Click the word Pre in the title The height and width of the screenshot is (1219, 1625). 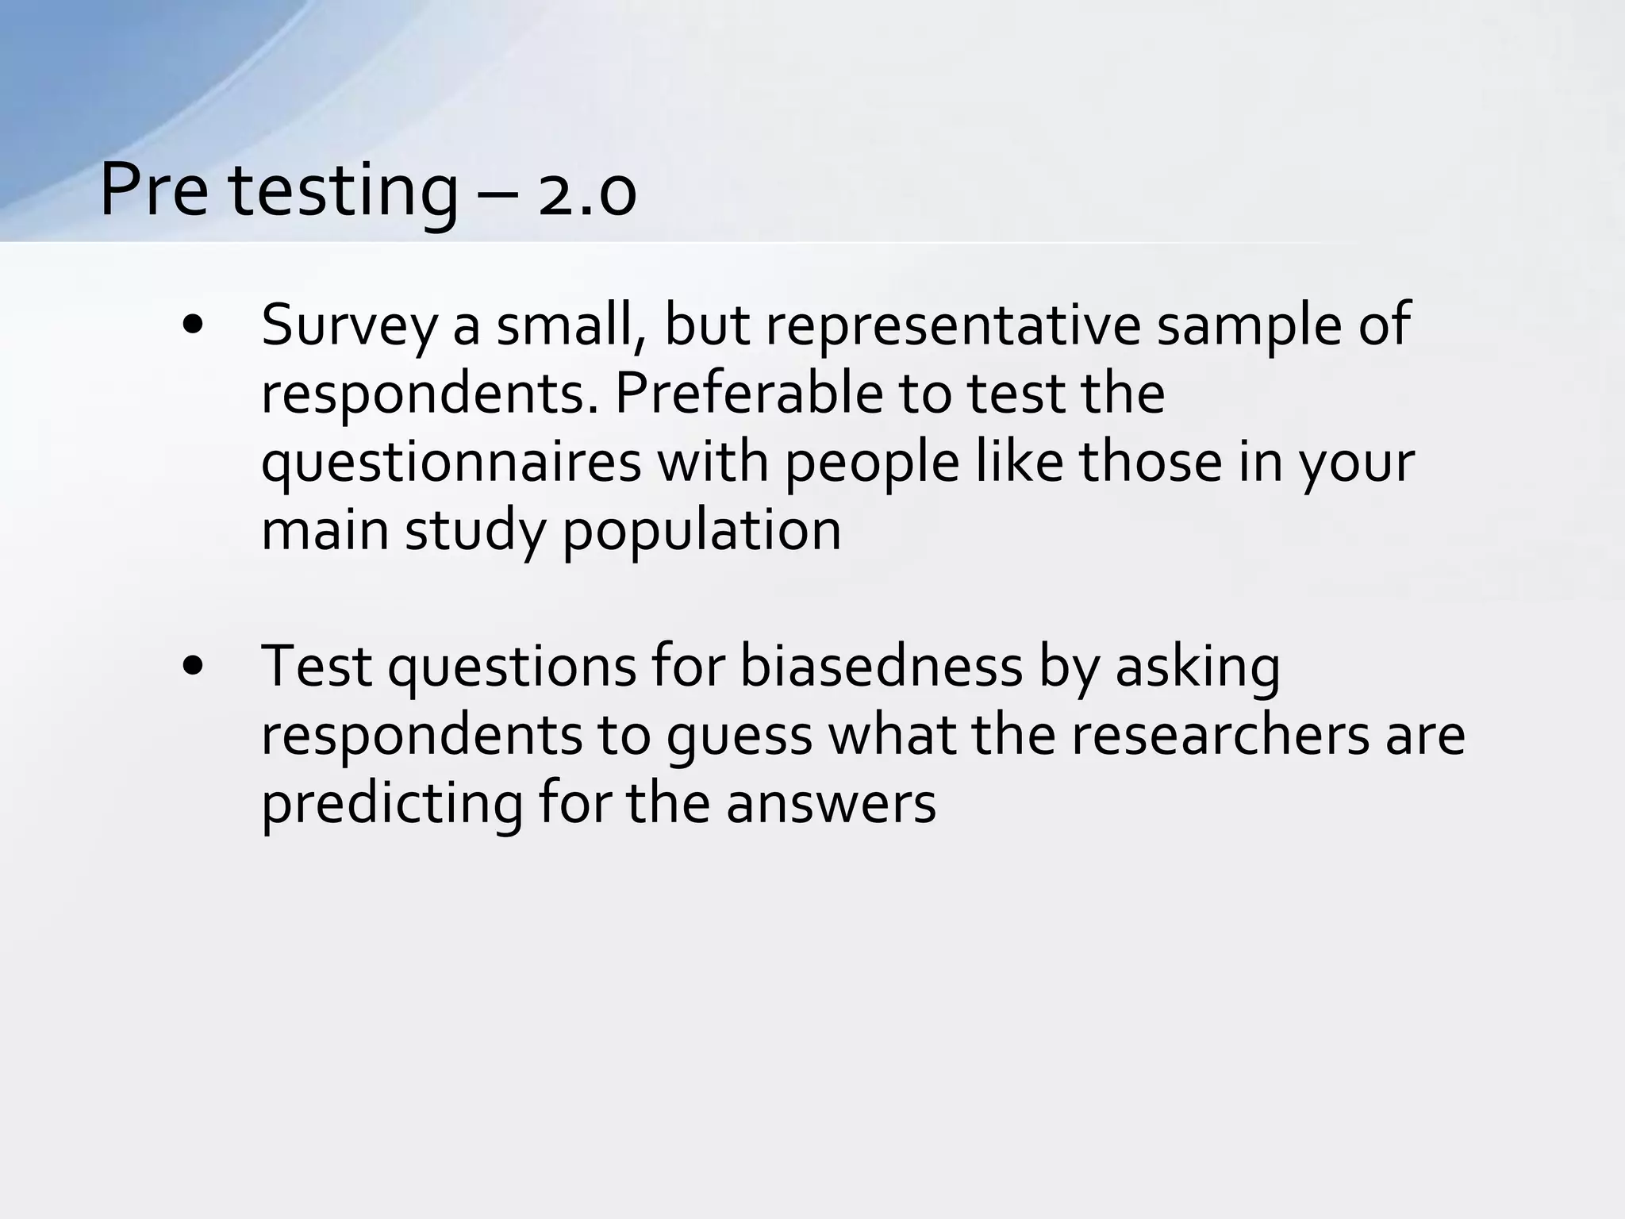coord(154,191)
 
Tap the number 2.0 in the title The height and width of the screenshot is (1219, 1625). coord(586,195)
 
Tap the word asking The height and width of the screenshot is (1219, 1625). coord(1197,668)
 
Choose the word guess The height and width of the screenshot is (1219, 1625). coord(739,736)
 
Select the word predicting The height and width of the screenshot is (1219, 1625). coord(392,805)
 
